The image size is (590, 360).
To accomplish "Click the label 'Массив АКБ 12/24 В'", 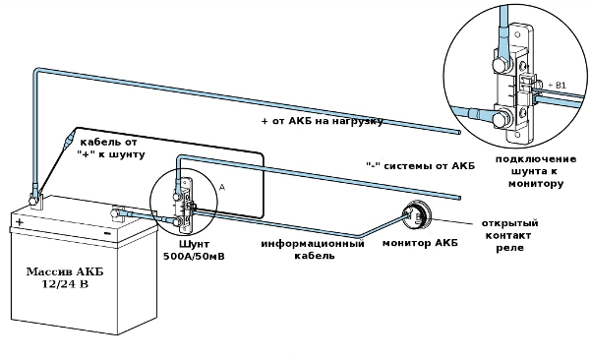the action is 64,277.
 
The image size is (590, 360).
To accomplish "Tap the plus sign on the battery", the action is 20,222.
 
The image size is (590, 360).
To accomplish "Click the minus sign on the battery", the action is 107,233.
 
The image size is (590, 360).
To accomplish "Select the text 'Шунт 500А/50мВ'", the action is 194,250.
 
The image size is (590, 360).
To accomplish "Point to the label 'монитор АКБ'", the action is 420,243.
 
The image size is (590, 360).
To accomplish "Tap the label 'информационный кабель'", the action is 313,249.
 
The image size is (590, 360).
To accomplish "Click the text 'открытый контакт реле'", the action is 509,235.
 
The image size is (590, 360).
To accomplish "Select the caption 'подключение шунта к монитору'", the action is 536,171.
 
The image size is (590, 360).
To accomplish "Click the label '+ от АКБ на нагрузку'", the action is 323,121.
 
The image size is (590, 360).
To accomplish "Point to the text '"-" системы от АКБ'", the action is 420,165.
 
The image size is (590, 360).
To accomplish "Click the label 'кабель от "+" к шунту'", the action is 111,149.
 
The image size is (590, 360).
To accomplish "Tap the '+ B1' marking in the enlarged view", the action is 557,86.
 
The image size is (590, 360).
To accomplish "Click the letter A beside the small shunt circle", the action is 222,187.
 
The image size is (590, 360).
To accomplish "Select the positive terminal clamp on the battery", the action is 35,199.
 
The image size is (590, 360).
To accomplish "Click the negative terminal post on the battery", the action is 114,213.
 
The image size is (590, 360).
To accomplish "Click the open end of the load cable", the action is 458,132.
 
